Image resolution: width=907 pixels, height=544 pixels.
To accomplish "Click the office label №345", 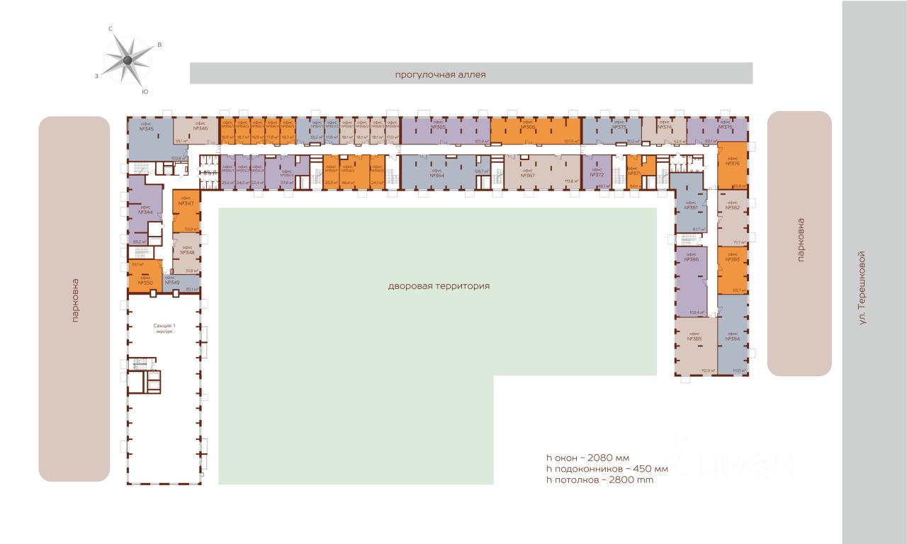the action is click(147, 128).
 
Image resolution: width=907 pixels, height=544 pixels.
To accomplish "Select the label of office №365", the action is click(438, 126).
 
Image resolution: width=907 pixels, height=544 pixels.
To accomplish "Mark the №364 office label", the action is click(437, 174).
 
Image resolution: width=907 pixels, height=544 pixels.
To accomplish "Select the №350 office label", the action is click(145, 282).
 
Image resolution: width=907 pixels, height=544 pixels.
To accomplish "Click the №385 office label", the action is click(695, 339).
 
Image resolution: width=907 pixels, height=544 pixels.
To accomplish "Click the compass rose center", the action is click(128, 60).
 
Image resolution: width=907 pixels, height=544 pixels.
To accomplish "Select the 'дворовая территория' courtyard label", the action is click(439, 286).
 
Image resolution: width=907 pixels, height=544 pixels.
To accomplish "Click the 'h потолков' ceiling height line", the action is click(599, 480).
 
